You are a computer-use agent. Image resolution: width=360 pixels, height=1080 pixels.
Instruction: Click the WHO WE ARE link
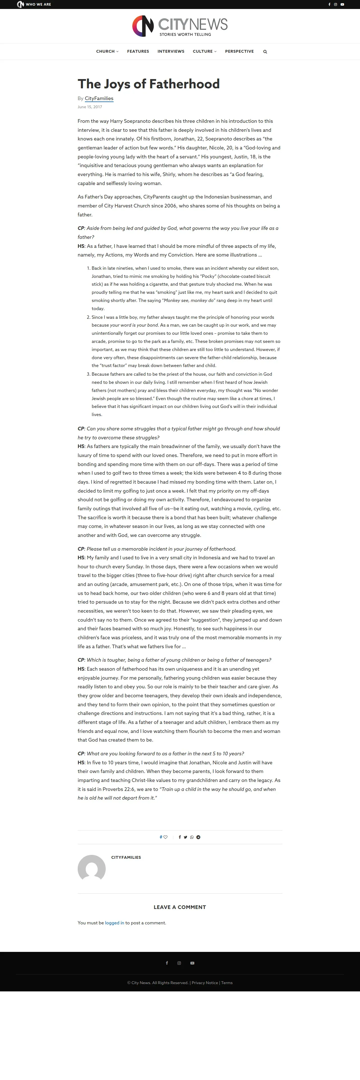[38, 4]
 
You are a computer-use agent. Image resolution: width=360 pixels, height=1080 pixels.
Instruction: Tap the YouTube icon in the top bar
[342, 4]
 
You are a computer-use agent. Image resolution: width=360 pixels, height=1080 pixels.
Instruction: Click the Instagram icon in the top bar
[335, 4]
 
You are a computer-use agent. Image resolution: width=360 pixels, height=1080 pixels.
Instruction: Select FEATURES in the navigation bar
[138, 51]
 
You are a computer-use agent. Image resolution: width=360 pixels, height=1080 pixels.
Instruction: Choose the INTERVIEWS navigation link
[170, 51]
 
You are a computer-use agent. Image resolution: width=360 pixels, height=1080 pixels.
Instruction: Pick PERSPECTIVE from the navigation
[239, 51]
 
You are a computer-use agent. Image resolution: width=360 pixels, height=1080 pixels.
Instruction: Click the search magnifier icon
[265, 52]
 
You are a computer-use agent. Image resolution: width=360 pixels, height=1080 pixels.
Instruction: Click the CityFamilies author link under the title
[99, 98]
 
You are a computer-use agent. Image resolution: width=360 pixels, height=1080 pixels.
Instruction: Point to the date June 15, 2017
[90, 107]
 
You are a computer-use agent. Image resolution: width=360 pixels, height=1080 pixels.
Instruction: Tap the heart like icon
[165, 837]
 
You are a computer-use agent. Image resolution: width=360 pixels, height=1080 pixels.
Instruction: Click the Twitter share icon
[186, 837]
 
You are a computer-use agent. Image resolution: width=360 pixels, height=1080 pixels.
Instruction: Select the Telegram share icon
[198, 837]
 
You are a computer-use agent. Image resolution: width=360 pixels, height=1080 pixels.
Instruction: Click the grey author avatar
[91, 869]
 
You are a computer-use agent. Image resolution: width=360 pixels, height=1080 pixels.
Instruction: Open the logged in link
[114, 923]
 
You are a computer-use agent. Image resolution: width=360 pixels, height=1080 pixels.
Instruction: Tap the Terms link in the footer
[227, 983]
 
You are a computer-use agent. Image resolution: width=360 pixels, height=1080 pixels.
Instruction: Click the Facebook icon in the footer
[167, 963]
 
